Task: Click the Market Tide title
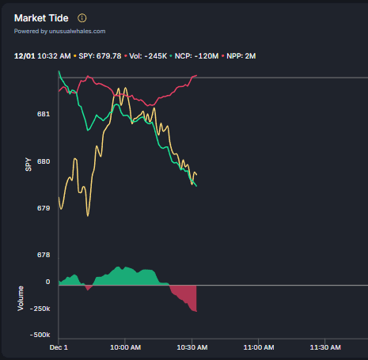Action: click(42, 18)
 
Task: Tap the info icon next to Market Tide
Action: click(82, 18)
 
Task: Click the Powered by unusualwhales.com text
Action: click(59, 32)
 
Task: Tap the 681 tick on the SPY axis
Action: click(44, 114)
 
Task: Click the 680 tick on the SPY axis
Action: click(44, 161)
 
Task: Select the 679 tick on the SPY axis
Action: click(44, 208)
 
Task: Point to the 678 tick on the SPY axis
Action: click(44, 255)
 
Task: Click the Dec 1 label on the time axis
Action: click(59, 347)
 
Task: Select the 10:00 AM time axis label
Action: click(126, 347)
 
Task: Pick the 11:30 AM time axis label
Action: click(326, 347)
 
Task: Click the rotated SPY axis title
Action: click(28, 164)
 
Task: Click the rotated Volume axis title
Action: click(21, 298)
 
